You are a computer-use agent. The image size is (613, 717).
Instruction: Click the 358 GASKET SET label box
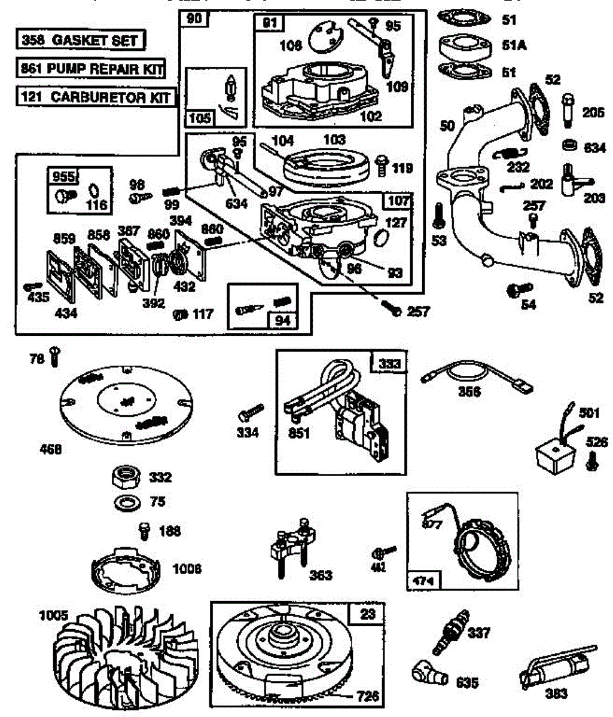80,41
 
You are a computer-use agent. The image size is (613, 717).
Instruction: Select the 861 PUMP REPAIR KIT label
90,68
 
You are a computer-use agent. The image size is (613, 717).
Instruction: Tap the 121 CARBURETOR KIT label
96,97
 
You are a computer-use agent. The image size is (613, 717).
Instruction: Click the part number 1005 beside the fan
54,615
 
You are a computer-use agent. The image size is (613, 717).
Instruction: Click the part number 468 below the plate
50,449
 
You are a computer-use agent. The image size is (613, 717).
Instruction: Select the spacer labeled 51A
463,45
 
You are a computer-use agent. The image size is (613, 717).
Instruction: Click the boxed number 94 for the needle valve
282,320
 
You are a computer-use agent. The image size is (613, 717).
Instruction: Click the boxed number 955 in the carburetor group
63,177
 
